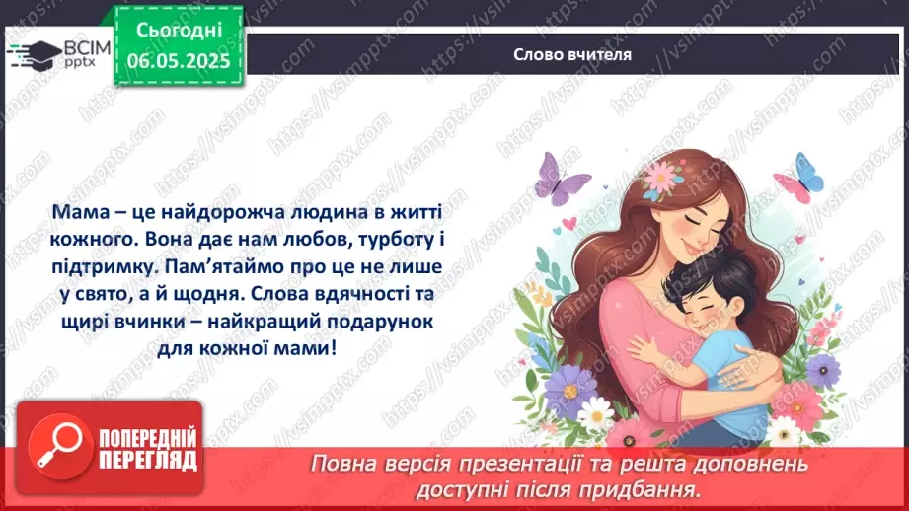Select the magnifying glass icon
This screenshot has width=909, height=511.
(56, 450)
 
